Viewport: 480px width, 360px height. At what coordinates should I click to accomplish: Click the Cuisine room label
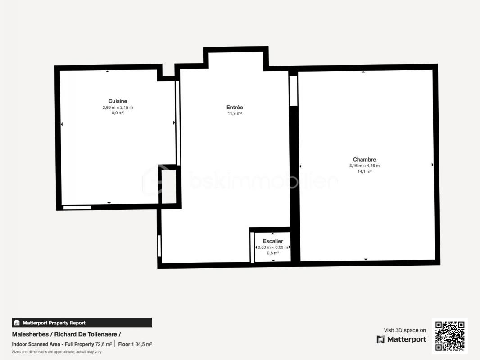118,101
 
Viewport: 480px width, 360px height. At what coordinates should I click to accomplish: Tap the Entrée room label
235,108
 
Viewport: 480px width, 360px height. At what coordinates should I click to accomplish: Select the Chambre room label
364,160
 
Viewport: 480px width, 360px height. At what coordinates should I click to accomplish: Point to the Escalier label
273,241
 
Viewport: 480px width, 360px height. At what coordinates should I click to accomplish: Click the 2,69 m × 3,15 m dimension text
118,108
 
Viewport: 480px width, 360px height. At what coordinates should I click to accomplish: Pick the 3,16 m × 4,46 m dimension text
364,166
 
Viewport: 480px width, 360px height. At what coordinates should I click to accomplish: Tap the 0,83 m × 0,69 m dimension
273,247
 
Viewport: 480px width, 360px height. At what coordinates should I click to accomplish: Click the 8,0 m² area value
118,113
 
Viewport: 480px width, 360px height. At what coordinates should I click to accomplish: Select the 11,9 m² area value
235,113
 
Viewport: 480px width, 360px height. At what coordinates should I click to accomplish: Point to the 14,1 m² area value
364,171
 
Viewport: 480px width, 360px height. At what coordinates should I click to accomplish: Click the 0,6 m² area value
273,253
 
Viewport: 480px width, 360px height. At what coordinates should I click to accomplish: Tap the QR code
450,336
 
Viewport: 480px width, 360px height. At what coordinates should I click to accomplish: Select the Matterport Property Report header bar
82,323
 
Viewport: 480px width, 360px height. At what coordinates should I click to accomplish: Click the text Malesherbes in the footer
30,334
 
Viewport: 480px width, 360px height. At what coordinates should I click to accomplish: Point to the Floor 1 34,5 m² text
135,344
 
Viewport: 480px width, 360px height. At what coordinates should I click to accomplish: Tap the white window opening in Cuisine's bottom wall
77,207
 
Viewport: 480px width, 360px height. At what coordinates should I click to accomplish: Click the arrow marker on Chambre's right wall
432,165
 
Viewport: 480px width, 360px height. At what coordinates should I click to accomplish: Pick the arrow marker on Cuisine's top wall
107,71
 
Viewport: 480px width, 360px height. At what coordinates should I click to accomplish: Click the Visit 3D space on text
405,330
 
